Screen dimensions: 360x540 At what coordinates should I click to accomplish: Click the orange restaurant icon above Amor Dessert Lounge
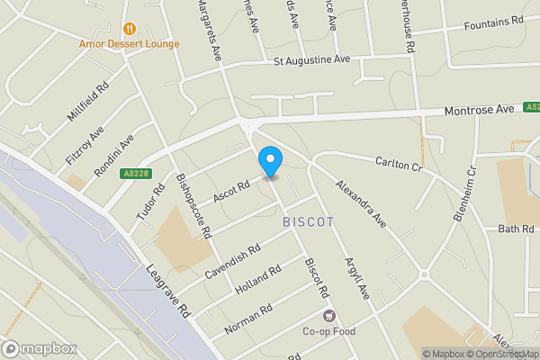(x=131, y=28)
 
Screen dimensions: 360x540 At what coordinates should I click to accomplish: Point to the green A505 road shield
(x=532, y=108)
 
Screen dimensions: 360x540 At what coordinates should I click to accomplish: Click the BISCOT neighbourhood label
(x=309, y=221)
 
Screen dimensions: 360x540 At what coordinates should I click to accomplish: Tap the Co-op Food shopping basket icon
(x=328, y=315)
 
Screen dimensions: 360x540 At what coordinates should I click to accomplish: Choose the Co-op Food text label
(x=328, y=331)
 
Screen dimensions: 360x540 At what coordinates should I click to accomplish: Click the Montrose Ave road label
(x=480, y=109)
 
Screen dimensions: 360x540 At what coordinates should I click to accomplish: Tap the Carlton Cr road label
(x=399, y=162)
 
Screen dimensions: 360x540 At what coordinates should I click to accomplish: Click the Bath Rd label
(x=517, y=229)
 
